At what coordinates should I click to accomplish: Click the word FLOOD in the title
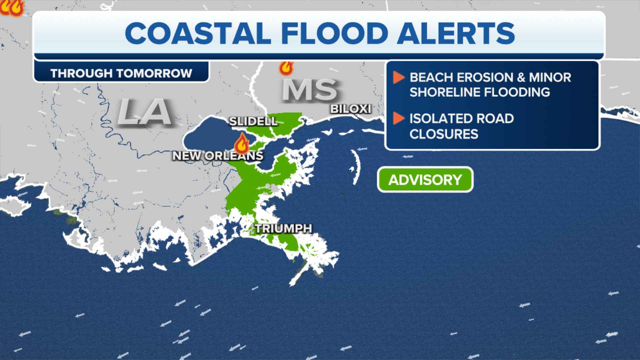(335, 33)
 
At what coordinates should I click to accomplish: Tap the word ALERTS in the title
(456, 33)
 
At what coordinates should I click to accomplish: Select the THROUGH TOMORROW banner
(121, 73)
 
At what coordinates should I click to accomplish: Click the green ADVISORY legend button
(425, 180)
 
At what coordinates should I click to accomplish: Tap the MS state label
(309, 90)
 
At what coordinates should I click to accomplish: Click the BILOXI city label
(350, 109)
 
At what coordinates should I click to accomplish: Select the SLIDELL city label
(253, 121)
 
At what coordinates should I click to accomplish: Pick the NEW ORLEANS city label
(217, 156)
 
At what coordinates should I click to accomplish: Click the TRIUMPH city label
(283, 228)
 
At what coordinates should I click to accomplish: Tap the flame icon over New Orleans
(242, 144)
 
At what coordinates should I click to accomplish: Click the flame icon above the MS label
(286, 68)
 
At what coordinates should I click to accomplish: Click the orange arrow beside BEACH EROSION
(398, 77)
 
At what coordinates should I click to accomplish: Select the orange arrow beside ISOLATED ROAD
(398, 118)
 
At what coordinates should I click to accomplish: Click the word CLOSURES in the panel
(444, 134)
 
